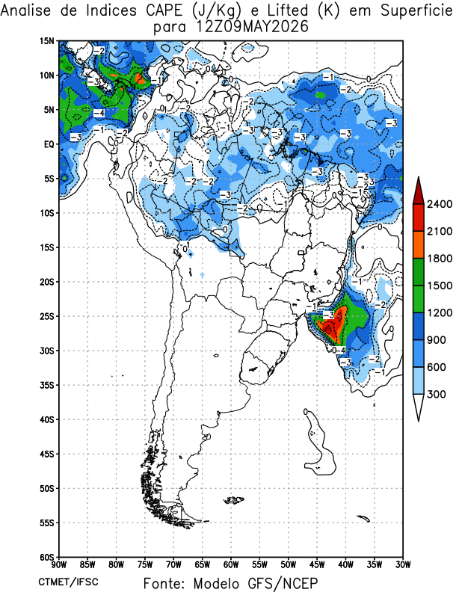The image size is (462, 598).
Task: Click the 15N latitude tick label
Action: (47, 41)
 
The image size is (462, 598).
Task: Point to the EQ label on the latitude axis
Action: (49, 144)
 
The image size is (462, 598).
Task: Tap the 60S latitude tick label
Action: (47, 557)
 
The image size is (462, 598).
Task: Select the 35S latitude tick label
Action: (47, 385)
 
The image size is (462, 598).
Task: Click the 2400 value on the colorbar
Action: (440, 204)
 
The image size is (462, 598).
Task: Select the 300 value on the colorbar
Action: (437, 394)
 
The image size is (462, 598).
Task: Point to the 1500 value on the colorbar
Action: (440, 286)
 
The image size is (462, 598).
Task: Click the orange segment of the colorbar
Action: (419, 245)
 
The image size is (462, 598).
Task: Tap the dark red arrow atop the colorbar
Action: (419, 191)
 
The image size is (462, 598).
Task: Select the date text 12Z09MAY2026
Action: (252, 28)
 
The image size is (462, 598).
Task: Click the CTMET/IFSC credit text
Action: (68, 582)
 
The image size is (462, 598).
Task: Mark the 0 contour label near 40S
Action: (306, 412)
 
